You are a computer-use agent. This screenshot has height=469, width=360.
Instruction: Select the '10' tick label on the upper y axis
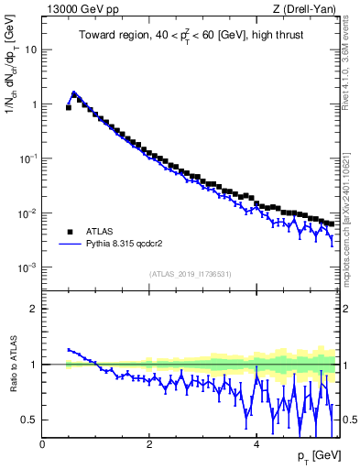[x=31, y=49]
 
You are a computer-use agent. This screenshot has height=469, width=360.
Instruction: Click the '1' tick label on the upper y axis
[x=34, y=104]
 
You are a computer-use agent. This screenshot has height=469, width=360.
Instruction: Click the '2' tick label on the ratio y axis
[x=34, y=309]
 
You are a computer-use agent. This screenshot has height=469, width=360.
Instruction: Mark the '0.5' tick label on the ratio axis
[x=29, y=420]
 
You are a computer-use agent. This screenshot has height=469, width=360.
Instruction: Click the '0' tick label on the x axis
[x=42, y=444]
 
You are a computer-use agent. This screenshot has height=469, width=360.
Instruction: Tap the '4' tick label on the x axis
[x=256, y=444]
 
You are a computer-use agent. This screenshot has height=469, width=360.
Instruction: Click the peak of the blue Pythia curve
[x=74, y=93]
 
